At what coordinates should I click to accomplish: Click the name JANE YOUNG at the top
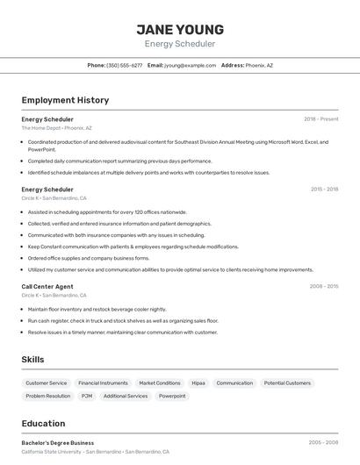tap(180, 29)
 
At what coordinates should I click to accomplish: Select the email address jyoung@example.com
tap(190, 65)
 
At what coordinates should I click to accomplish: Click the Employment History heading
tap(65, 100)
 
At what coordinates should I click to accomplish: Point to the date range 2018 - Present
tap(321, 118)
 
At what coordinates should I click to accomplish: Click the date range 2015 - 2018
tap(324, 189)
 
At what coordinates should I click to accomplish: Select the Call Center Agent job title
tap(47, 286)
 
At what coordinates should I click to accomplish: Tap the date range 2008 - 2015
tap(324, 286)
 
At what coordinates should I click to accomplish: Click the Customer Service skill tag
tap(47, 383)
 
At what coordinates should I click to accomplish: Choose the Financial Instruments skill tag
tap(103, 383)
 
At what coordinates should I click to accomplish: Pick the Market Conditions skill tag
tap(160, 383)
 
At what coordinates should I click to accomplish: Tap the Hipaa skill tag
tap(198, 383)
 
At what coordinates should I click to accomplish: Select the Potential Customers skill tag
tap(287, 383)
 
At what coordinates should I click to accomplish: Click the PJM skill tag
tap(87, 396)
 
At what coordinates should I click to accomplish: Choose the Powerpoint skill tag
tap(172, 396)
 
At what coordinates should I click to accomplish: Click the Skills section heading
tap(32, 360)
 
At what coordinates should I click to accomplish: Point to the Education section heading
tap(43, 424)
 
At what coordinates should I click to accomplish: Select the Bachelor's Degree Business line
tap(58, 443)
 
